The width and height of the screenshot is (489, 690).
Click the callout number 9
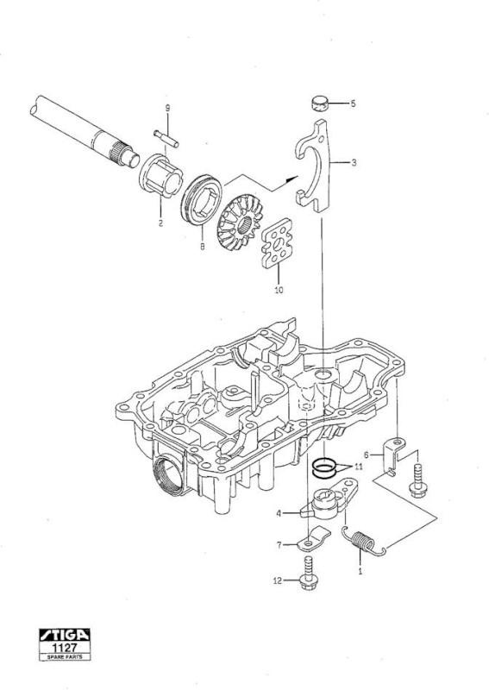[167, 108]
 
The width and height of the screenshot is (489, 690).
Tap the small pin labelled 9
[166, 138]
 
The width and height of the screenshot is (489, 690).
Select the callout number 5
[353, 103]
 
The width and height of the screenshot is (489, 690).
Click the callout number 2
[160, 223]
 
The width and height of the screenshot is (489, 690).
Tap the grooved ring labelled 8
[202, 200]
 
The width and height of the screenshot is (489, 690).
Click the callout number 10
[279, 290]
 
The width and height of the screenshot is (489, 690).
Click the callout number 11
[359, 467]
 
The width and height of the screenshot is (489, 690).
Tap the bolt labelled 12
[309, 574]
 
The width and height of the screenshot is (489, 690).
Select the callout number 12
[278, 580]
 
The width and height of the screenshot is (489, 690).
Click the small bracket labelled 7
[313, 538]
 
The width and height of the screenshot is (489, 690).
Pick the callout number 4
[279, 513]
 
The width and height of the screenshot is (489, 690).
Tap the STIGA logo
[65, 635]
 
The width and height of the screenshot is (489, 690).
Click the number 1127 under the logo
[65, 648]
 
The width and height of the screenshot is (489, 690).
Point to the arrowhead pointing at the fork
[292, 179]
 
